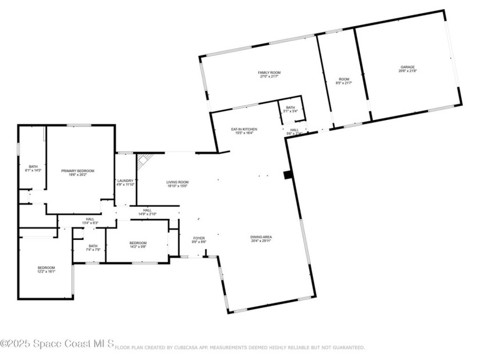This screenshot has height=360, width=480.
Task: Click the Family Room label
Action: click(x=269, y=75)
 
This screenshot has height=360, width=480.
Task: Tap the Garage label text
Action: click(x=407, y=69)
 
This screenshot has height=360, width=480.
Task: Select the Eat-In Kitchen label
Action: click(x=244, y=131)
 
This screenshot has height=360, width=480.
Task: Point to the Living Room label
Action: click(x=178, y=184)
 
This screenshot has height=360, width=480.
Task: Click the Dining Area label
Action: click(x=261, y=239)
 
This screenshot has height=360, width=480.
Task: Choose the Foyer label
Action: click(x=199, y=240)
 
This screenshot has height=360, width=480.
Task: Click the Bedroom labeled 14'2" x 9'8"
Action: click(x=138, y=245)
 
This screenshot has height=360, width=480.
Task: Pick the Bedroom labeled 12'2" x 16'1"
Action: click(x=46, y=270)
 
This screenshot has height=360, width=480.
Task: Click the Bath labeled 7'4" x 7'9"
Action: click(x=93, y=247)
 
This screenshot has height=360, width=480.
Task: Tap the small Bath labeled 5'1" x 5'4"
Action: click(x=290, y=109)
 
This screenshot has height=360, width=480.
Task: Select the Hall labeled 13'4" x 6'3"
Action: click(x=90, y=221)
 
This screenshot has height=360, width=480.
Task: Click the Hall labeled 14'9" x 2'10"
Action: click(x=147, y=212)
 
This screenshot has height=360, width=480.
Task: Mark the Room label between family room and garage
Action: click(x=344, y=81)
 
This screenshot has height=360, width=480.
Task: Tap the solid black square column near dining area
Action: click(x=288, y=175)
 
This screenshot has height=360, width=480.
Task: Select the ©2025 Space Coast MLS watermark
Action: click(x=57, y=343)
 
